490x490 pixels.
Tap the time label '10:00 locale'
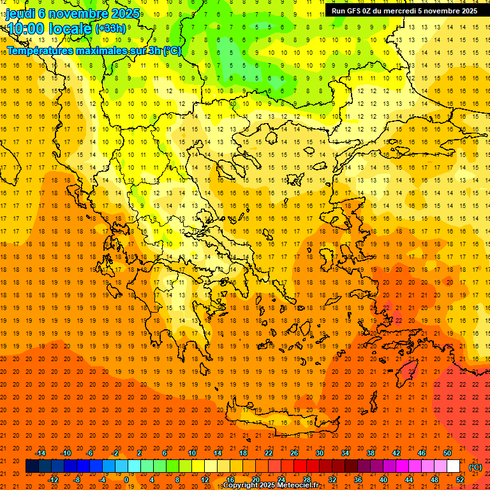click(x=48, y=28)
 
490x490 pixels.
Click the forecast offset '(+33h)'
click(x=110, y=29)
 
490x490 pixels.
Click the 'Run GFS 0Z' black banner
click(x=404, y=11)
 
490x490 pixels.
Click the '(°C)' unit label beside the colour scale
click(x=475, y=467)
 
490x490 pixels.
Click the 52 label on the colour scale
click(x=460, y=480)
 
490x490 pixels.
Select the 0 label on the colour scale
click(x=126, y=480)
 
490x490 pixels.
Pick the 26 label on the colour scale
click(x=294, y=453)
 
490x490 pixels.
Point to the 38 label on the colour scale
click(x=371, y=453)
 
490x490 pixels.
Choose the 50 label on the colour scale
click(x=447, y=453)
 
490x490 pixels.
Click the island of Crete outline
click(x=281, y=418)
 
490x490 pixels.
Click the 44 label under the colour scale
click(x=409, y=480)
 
